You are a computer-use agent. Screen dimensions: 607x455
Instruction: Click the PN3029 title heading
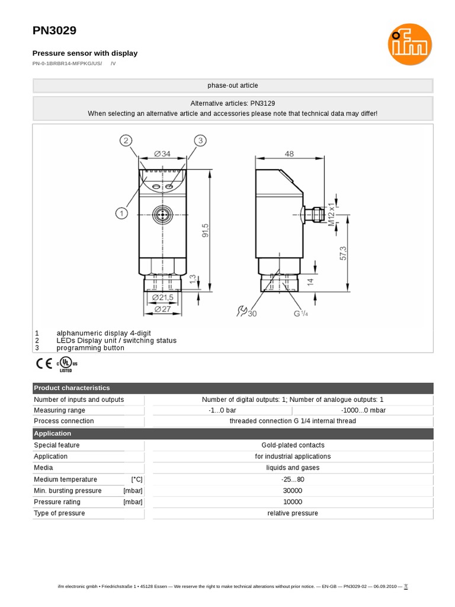(54, 30)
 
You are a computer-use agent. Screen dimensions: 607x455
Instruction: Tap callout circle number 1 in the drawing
(121, 212)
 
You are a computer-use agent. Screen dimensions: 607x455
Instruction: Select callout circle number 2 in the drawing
(125, 140)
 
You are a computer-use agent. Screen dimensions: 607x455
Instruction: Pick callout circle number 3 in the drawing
(201, 140)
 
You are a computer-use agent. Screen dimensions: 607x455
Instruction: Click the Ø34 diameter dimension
(162, 154)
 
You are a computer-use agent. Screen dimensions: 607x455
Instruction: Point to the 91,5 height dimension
(206, 229)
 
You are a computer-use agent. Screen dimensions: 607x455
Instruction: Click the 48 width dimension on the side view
(289, 154)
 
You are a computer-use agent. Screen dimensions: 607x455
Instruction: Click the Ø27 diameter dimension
(162, 309)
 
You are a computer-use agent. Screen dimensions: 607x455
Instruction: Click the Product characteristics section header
(72, 388)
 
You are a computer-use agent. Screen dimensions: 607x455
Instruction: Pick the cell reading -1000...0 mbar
(361, 410)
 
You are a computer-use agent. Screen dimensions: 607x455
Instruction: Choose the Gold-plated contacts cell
(293, 445)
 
